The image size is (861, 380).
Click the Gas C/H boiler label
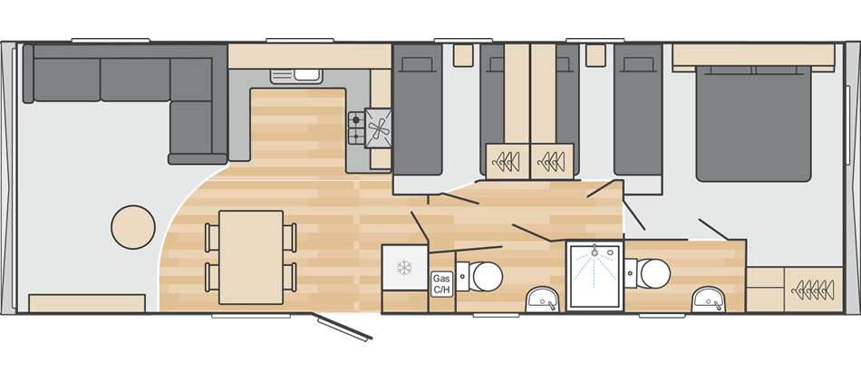[441, 284]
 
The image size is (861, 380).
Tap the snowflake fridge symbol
[405, 269]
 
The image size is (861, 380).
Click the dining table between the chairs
[251, 256]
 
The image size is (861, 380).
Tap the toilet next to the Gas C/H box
[481, 274]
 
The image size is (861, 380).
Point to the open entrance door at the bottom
[343, 328]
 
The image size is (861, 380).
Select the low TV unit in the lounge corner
[87, 303]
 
